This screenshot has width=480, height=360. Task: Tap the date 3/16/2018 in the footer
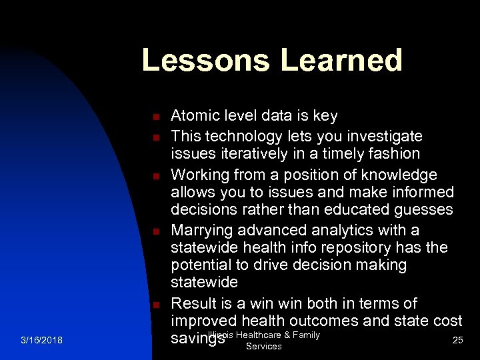click(x=41, y=341)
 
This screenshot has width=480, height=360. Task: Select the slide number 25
click(x=457, y=341)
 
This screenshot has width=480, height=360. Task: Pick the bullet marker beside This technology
click(x=154, y=138)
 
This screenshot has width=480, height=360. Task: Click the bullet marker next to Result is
click(x=154, y=305)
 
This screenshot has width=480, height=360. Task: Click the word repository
click(x=382, y=249)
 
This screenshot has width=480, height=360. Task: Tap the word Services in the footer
click(x=264, y=347)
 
